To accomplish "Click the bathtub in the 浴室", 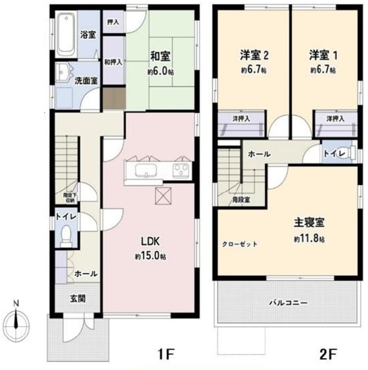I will [66, 34].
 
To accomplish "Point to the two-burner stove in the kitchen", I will [181, 170].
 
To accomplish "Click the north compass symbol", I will [16, 318].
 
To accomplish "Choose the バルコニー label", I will [288, 303].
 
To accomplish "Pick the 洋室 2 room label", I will [254, 55].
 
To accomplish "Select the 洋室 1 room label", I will [323, 55].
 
